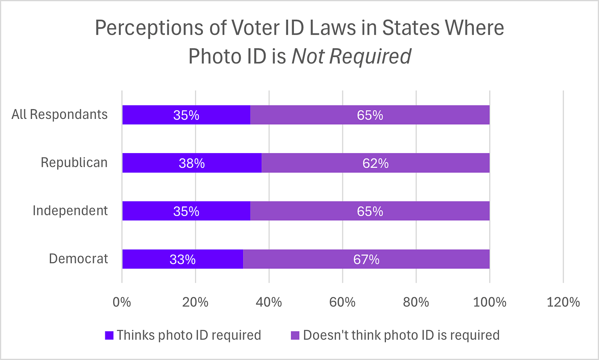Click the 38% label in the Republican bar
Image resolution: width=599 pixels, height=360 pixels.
pyautogui.click(x=192, y=163)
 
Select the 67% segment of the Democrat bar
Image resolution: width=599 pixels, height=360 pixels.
pyautogui.click(x=366, y=259)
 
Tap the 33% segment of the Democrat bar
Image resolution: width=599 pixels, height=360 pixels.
pyautogui.click(x=183, y=259)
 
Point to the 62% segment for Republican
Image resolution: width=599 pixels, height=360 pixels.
pyautogui.click(x=375, y=163)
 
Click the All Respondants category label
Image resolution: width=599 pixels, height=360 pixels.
pyautogui.click(x=60, y=114)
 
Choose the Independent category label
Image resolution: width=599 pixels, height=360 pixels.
pyautogui.click(x=70, y=211)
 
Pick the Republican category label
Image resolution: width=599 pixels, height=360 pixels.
pyautogui.click(x=74, y=163)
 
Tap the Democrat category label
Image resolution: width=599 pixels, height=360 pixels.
pyautogui.click(x=78, y=259)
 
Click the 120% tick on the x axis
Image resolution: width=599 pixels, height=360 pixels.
pyautogui.click(x=563, y=302)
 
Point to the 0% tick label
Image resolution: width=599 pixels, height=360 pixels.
pyautogui.click(x=122, y=302)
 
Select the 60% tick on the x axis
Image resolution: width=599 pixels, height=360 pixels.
pyautogui.click(x=342, y=302)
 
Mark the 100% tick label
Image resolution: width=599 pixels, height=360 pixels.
pyautogui.click(x=490, y=302)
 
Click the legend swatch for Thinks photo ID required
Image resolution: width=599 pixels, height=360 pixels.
pyautogui.click(x=109, y=335)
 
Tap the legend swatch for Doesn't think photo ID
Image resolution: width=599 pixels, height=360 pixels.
pyautogui.click(x=295, y=335)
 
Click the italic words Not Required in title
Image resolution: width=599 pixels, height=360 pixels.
pyautogui.click(x=351, y=56)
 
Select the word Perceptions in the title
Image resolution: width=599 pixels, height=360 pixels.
pyautogui.click(x=149, y=28)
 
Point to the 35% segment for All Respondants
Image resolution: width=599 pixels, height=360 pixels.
pyautogui.click(x=186, y=115)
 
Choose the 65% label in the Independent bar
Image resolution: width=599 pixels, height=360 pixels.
pyautogui.click(x=370, y=211)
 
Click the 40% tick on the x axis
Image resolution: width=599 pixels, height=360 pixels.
pyautogui.click(x=269, y=302)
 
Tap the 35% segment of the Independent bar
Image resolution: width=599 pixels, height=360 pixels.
pyautogui.click(x=186, y=211)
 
